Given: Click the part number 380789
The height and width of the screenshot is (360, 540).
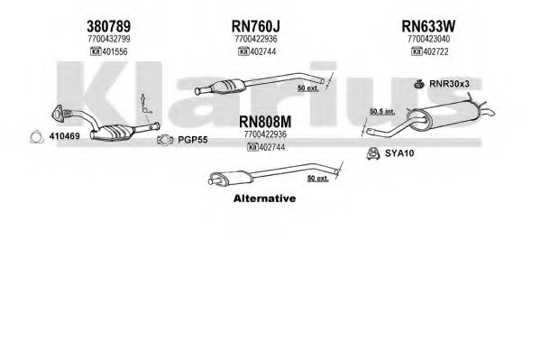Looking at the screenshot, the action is pyautogui.click(x=108, y=26).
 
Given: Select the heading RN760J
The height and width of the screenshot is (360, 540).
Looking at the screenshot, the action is pyautogui.click(x=255, y=26).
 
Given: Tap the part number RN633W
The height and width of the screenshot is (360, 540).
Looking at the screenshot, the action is pyautogui.click(x=428, y=26).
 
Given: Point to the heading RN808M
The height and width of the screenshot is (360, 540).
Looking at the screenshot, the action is pyautogui.click(x=265, y=122).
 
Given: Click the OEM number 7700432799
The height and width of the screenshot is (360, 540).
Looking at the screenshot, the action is pyautogui.click(x=109, y=39).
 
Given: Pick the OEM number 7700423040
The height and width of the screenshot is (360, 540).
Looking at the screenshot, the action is pyautogui.click(x=428, y=39).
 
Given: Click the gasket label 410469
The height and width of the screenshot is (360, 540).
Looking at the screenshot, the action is pyautogui.click(x=64, y=136).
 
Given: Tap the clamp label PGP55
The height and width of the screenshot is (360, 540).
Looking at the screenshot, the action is pyautogui.click(x=193, y=140).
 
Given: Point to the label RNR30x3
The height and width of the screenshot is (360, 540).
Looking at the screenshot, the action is pyautogui.click(x=449, y=84).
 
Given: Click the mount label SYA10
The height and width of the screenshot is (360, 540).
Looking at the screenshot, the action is pyautogui.click(x=399, y=153).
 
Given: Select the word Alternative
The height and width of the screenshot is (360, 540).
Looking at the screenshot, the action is pyautogui.click(x=264, y=198).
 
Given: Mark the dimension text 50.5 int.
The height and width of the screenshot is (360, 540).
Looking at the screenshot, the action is pyautogui.click(x=382, y=111).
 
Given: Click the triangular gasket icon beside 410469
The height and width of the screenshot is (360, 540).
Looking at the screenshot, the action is pyautogui.click(x=36, y=137).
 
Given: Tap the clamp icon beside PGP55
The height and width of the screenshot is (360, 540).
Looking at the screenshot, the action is pyautogui.click(x=165, y=140).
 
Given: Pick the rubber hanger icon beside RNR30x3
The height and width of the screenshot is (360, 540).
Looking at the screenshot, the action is pyautogui.click(x=419, y=84).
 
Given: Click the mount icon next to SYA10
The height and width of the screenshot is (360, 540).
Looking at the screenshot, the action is pyautogui.click(x=373, y=153).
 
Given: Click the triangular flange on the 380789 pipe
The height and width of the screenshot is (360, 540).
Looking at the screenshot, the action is pyautogui.click(x=58, y=113).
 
